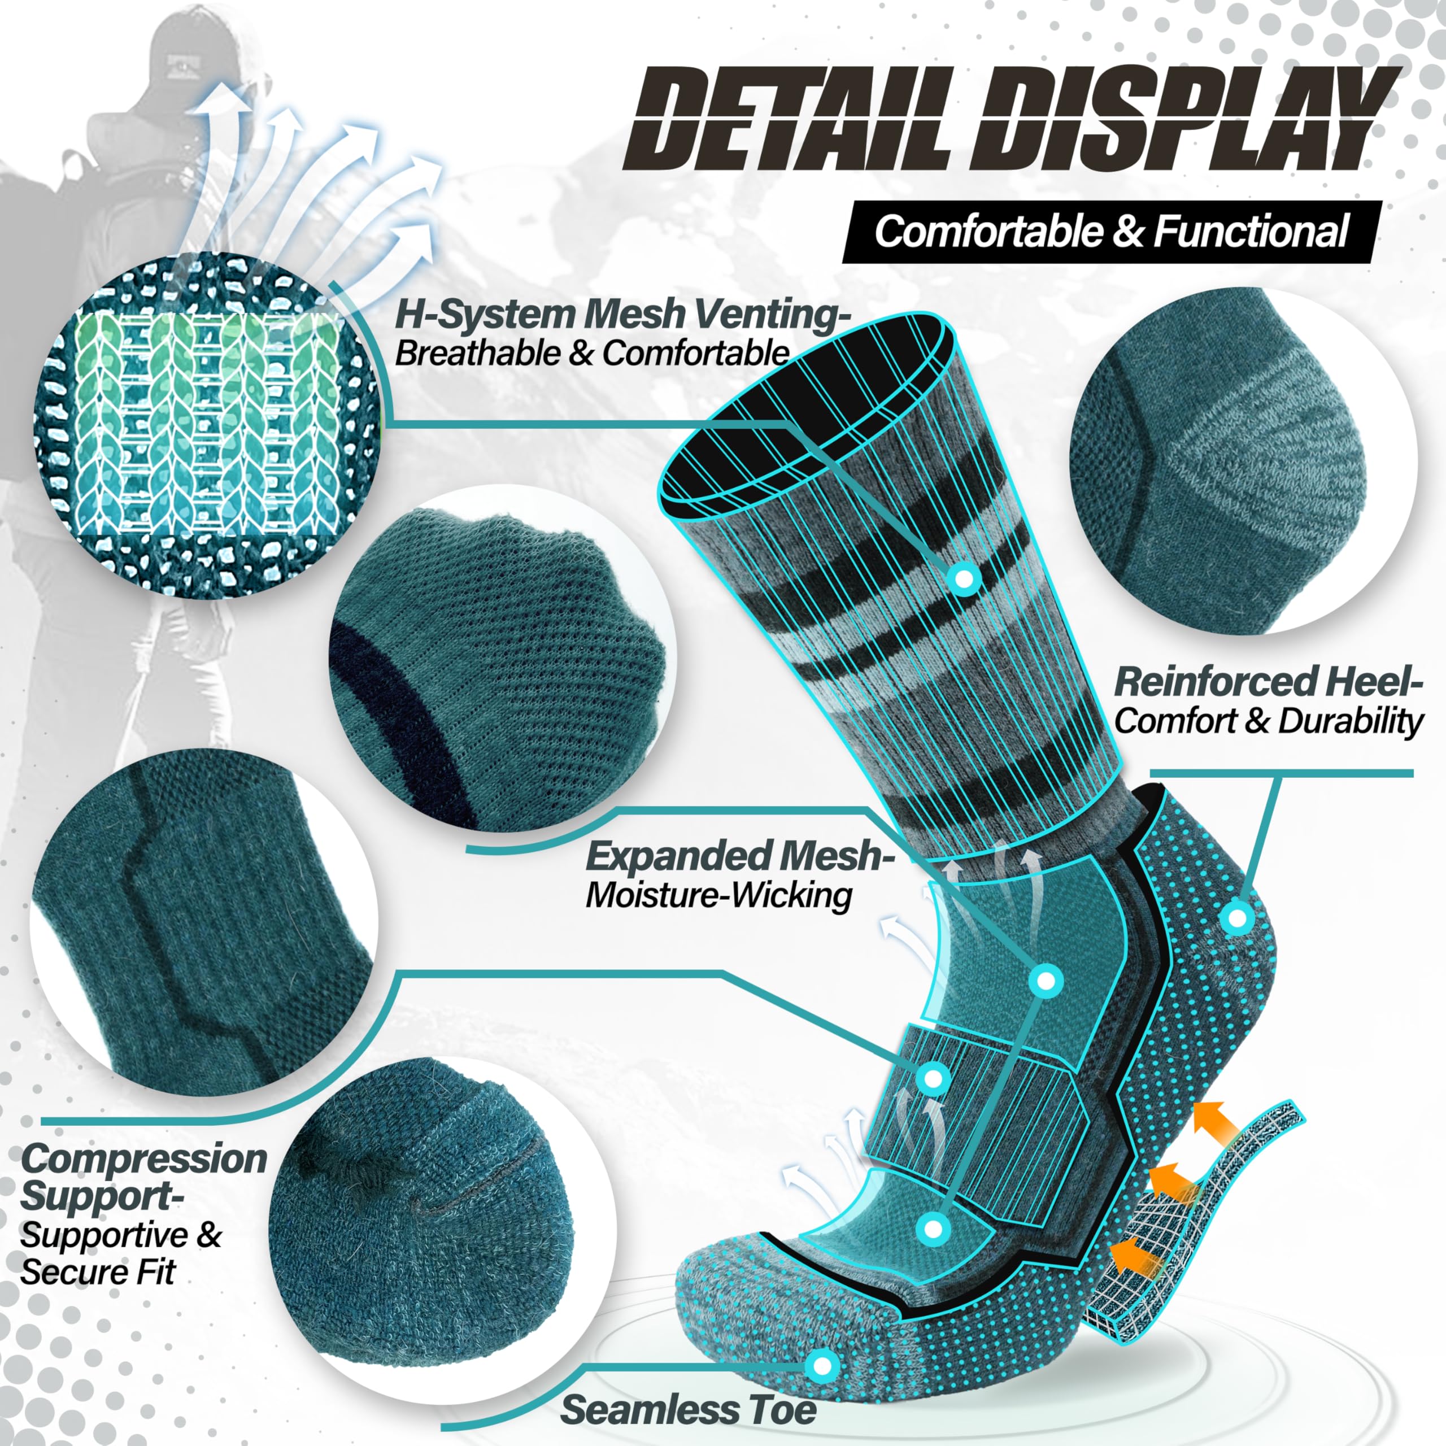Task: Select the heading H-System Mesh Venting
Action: pyautogui.click(x=621, y=315)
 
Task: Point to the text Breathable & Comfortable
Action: pyautogui.click(x=591, y=353)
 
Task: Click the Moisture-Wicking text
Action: pyautogui.click(x=718, y=895)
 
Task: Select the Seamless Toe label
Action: pyautogui.click(x=689, y=1410)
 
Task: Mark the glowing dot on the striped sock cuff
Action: pyautogui.click(x=964, y=578)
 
